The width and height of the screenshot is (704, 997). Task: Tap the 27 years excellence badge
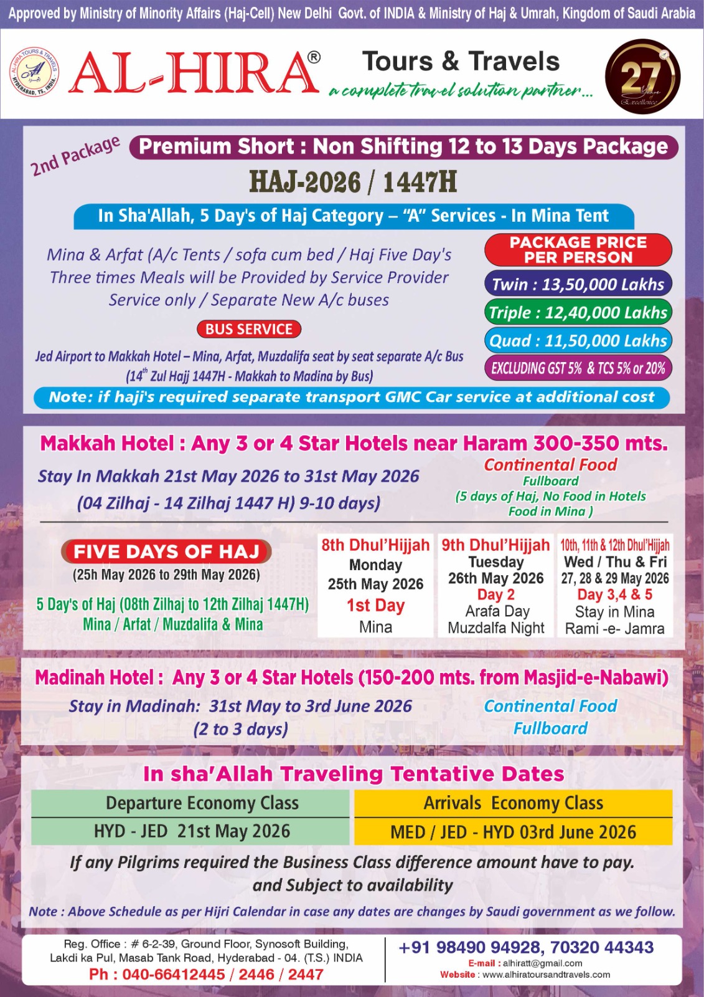[642, 77]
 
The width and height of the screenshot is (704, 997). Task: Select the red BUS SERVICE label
[249, 329]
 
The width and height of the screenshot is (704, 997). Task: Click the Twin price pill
[578, 284]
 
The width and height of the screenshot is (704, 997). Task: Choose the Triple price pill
[578, 312]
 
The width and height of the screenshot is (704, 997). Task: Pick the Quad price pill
[578, 341]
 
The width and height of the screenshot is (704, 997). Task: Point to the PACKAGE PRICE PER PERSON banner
[578, 250]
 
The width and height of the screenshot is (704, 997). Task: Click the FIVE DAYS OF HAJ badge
[166, 551]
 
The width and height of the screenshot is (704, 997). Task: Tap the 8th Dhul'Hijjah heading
[375, 545]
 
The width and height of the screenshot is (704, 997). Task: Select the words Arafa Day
[497, 611]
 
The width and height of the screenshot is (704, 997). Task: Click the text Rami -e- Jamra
[614, 629]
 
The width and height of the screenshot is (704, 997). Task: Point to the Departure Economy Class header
[202, 803]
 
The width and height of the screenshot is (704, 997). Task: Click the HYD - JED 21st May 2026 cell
[192, 831]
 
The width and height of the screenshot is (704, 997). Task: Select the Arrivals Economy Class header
[513, 803]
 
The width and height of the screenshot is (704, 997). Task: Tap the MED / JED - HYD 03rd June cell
[513, 832]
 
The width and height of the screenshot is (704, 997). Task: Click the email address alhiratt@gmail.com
[542, 963]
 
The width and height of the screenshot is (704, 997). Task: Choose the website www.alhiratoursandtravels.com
[546, 975]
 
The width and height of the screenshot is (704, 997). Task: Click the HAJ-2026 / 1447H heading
[353, 182]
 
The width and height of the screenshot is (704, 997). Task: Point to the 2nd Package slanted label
[75, 156]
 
